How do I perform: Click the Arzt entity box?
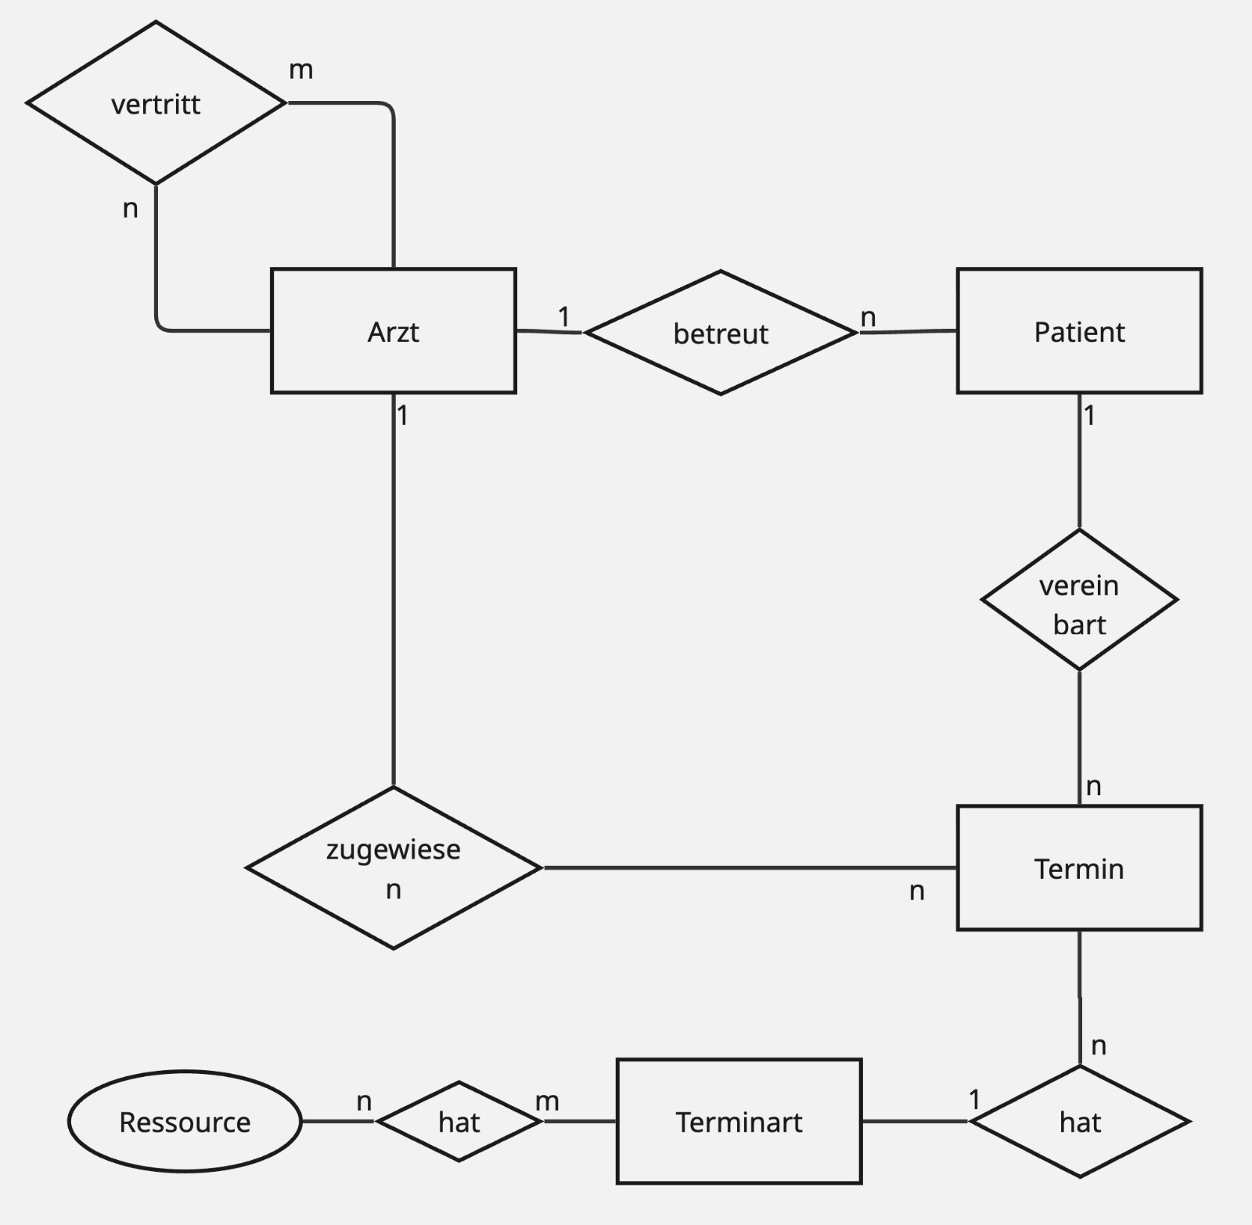[393, 331]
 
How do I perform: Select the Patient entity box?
[1079, 331]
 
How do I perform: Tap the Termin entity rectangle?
[1079, 868]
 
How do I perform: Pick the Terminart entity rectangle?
[739, 1122]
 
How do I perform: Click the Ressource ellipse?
[185, 1122]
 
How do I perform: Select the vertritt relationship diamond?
[156, 103]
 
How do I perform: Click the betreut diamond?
[720, 333]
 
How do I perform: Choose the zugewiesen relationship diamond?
[393, 868]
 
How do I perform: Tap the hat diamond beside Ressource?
[459, 1122]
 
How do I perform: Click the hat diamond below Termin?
[1080, 1122]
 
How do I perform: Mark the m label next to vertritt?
[301, 70]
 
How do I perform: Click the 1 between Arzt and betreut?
[563, 316]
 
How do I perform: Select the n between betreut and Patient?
[868, 317]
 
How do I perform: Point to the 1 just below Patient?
[1089, 415]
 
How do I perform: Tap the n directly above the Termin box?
[1094, 786]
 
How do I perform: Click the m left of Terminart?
[547, 1101]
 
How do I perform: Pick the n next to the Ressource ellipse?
[364, 1101]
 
